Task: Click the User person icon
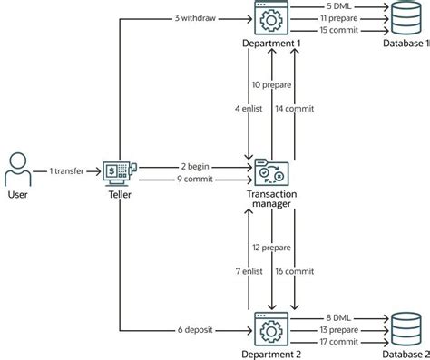click(17, 170)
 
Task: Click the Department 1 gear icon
click(270, 20)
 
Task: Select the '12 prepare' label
click(270, 247)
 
